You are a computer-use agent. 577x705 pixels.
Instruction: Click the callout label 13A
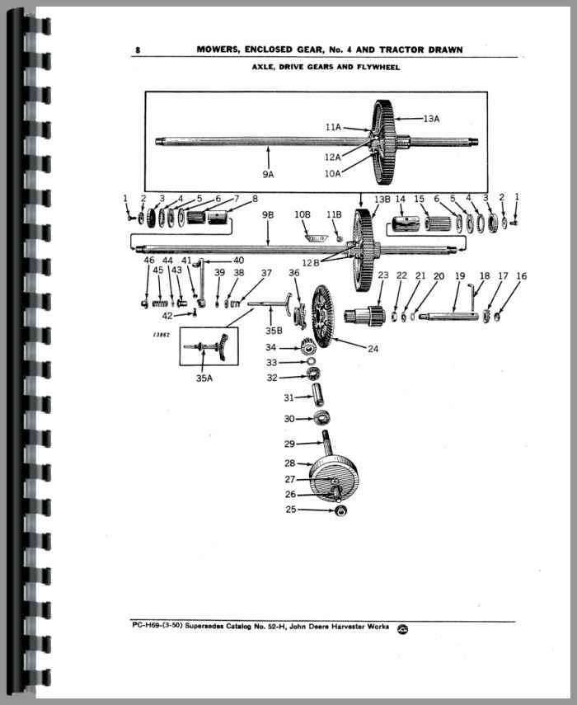click(x=431, y=119)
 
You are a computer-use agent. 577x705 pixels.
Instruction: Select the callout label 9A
click(x=268, y=174)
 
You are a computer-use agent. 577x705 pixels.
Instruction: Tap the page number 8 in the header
click(x=138, y=50)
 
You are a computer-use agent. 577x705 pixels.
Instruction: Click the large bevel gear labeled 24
click(x=323, y=317)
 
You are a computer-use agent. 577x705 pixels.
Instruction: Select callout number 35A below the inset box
click(x=204, y=378)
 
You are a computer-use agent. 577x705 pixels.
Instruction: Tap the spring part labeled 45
click(x=160, y=304)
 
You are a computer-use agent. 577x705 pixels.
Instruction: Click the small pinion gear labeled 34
click(x=307, y=347)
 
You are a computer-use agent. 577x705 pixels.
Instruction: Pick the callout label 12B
click(x=311, y=262)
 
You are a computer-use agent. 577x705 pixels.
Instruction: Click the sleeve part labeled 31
click(x=317, y=394)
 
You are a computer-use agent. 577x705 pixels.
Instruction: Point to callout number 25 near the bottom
click(x=291, y=510)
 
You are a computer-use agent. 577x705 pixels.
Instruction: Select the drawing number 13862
click(x=161, y=335)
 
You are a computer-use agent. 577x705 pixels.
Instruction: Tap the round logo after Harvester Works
click(x=402, y=629)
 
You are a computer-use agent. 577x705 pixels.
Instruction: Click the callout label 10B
click(x=302, y=214)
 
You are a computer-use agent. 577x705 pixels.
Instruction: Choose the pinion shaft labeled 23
click(x=365, y=313)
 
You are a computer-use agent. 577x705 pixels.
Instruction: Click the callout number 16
click(x=521, y=275)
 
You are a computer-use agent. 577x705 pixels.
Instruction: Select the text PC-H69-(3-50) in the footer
click(x=157, y=625)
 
